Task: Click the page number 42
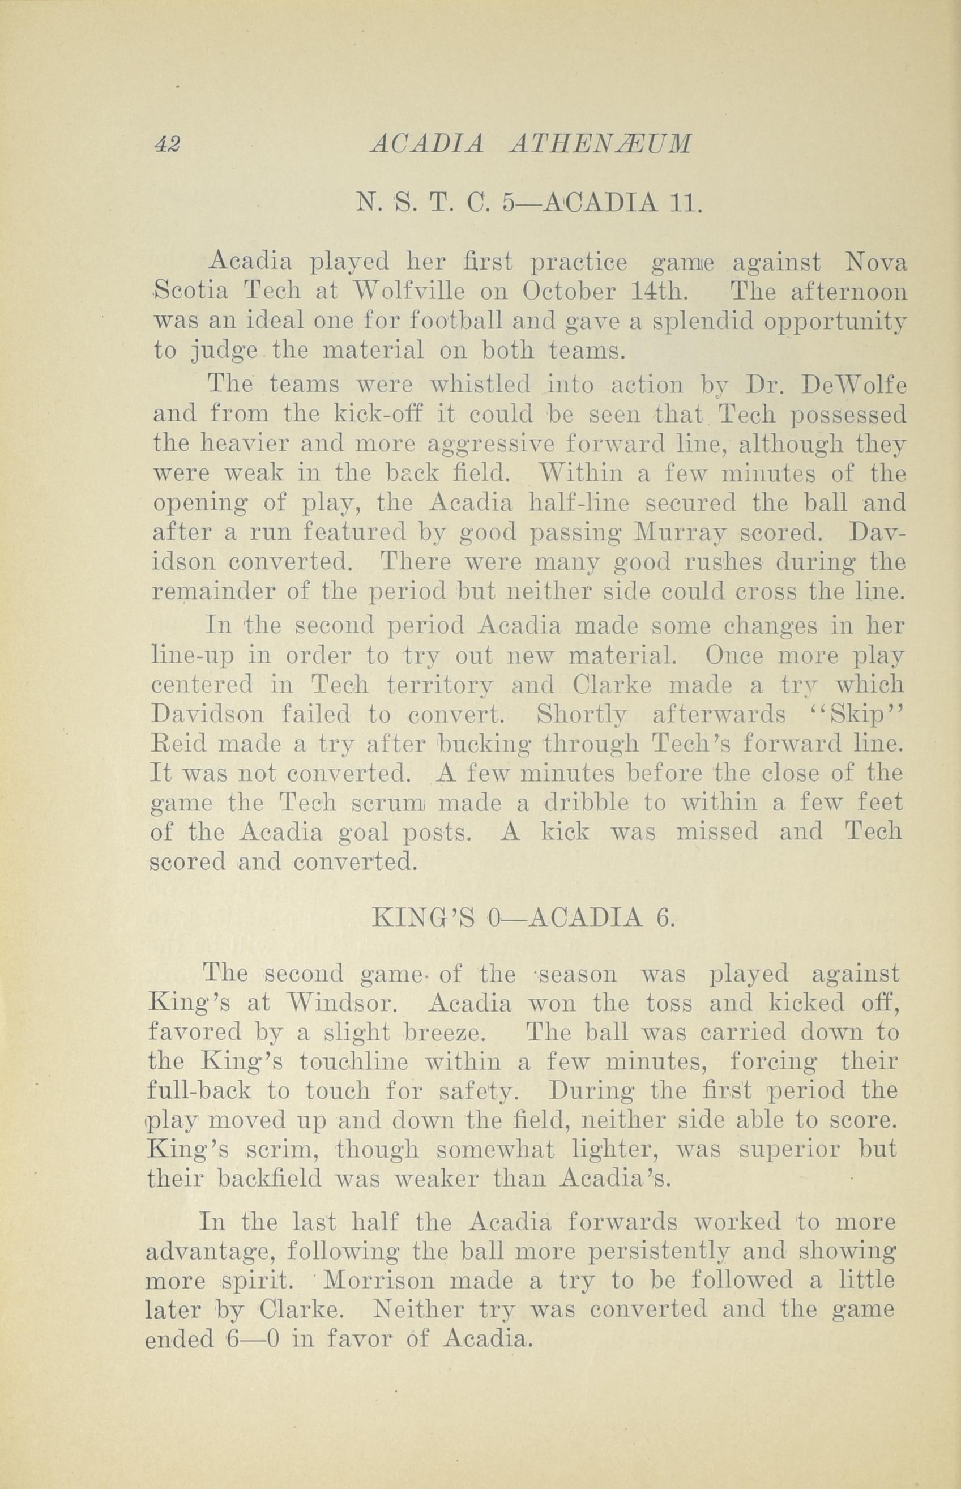pos(167,145)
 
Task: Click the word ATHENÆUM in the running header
pos(601,145)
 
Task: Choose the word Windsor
pos(332,1004)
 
